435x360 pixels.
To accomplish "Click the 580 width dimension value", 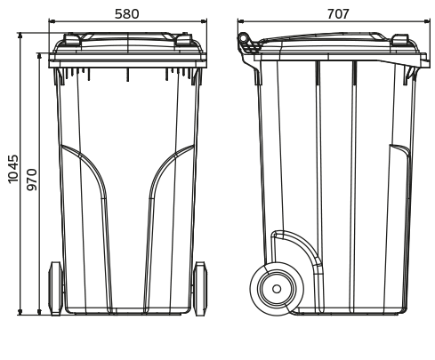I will tap(127, 13).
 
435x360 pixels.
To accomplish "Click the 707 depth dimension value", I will tap(338, 13).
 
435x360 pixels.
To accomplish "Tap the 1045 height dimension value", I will tap(13, 168).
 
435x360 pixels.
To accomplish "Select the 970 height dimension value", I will tap(32, 180).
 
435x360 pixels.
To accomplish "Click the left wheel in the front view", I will tap(56, 288).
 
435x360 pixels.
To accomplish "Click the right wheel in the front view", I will tap(200, 288).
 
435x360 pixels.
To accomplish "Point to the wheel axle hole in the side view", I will tap(277, 289).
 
